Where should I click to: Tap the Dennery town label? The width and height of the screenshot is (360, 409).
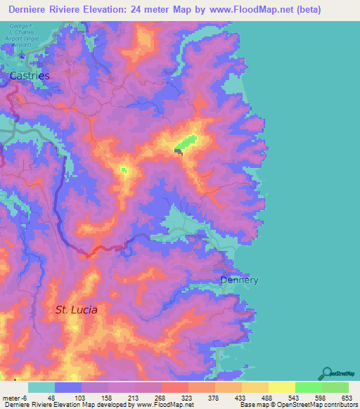click(x=239, y=280)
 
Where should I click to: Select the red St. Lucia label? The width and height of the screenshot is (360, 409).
click(x=77, y=309)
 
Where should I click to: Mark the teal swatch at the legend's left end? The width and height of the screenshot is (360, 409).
click(x=41, y=387)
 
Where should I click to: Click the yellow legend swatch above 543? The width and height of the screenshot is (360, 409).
click(x=282, y=387)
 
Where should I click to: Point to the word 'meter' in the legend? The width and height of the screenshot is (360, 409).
click(x=11, y=397)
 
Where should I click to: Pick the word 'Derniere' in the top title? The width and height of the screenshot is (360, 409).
click(x=33, y=10)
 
